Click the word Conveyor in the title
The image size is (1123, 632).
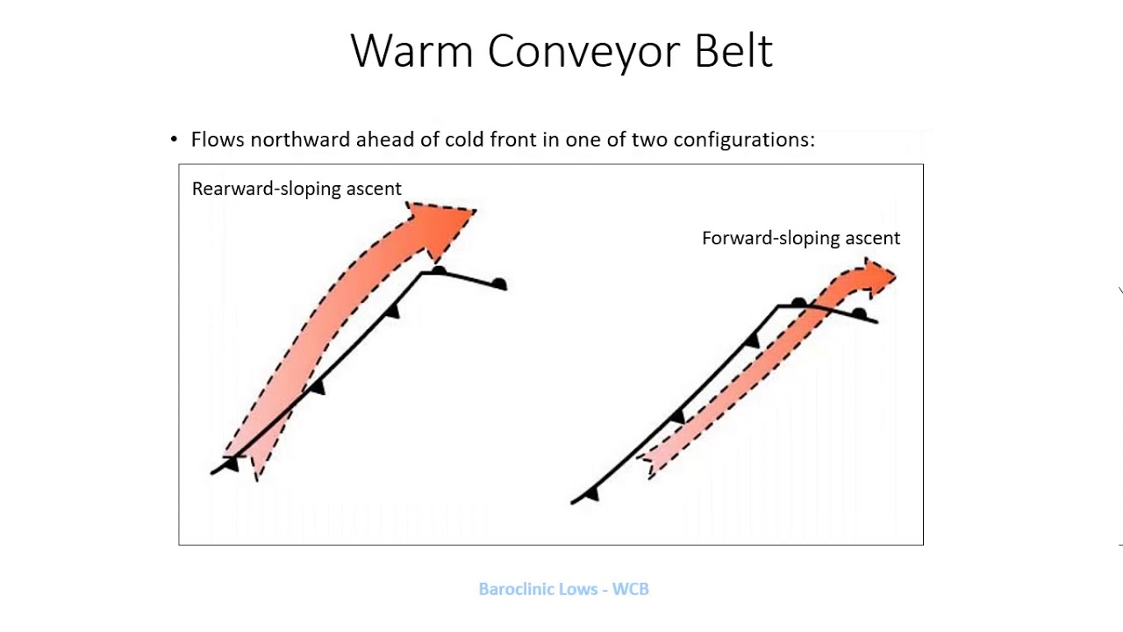click(x=585, y=51)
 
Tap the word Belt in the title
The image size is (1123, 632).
click(x=733, y=51)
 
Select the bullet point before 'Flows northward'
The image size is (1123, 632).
click(x=174, y=140)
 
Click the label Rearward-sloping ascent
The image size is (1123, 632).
click(x=297, y=189)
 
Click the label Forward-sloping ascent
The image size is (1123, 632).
click(x=800, y=238)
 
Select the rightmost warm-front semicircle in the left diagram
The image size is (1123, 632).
click(x=499, y=284)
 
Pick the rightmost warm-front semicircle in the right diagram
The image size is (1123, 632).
click(x=859, y=313)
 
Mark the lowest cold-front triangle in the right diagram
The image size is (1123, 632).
click(x=591, y=494)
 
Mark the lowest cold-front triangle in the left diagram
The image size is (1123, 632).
click(x=231, y=463)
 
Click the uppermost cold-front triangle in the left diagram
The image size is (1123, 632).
click(x=393, y=311)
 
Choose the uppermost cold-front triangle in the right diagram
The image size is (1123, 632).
click(x=752, y=341)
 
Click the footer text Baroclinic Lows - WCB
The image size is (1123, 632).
click(x=563, y=589)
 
